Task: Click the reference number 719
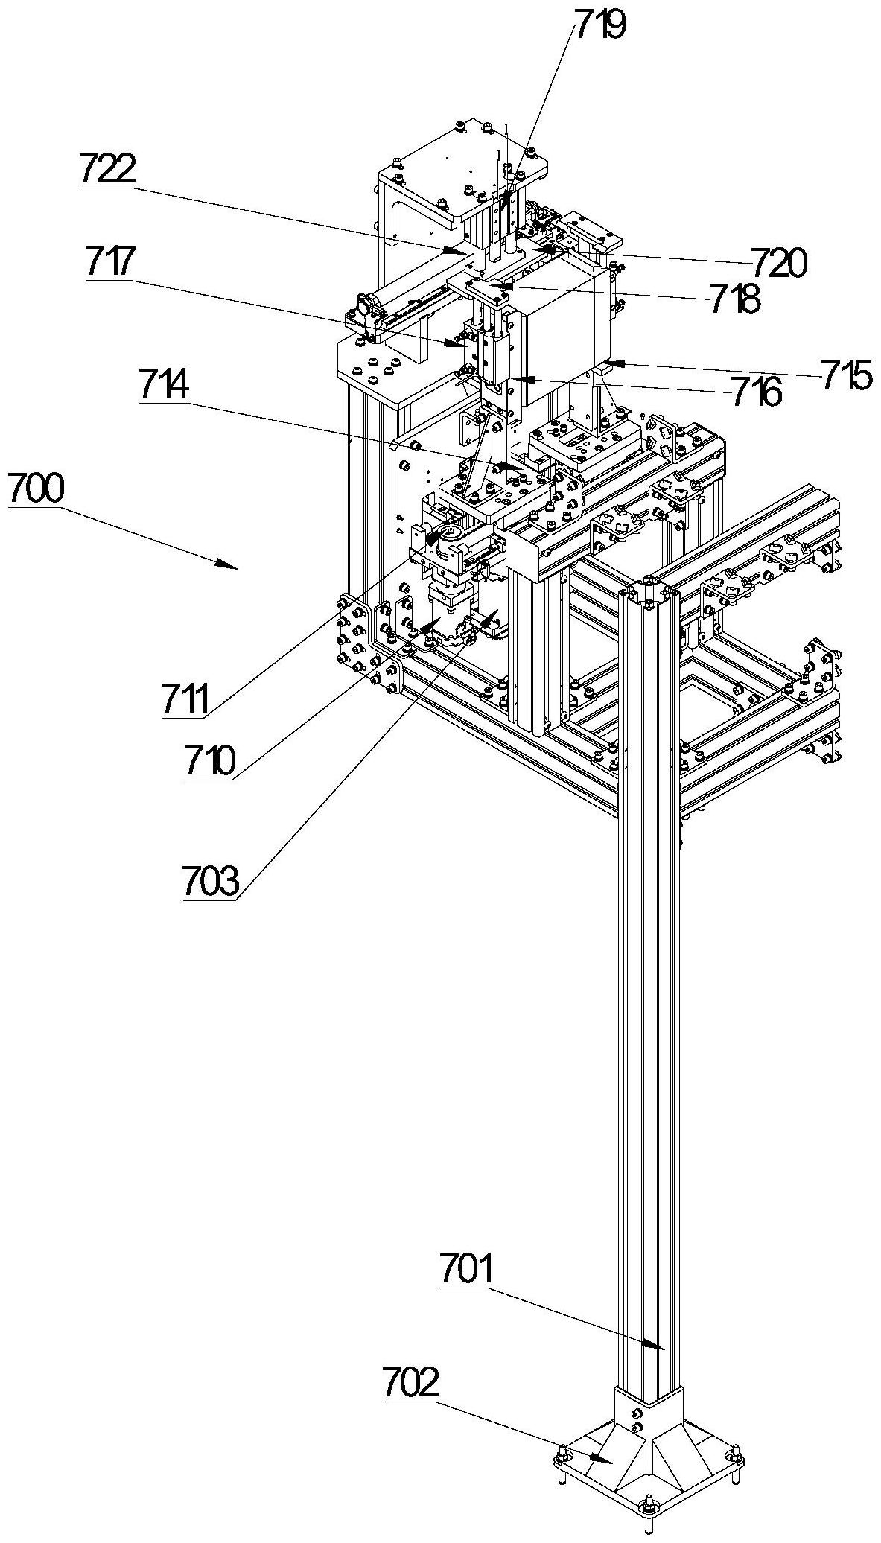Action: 599,26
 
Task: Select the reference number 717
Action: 112,263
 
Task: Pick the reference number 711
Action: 186,701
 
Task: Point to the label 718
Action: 734,300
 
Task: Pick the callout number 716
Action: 757,392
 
